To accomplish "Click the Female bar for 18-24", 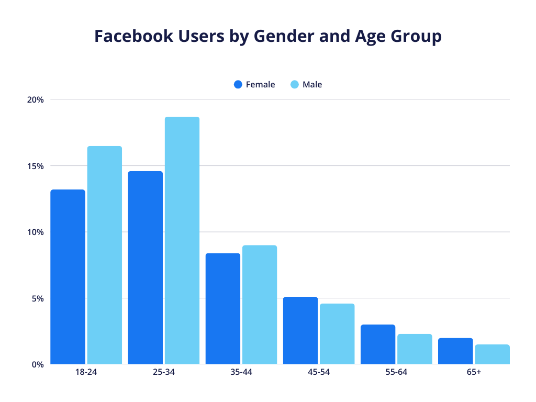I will point(68,277).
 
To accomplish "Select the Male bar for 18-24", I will point(105,255).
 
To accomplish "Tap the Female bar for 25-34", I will point(145,267).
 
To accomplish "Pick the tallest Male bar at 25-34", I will point(182,240).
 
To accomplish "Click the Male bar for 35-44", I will point(260,305).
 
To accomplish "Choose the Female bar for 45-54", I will point(300,330).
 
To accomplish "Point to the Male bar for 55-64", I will point(415,349).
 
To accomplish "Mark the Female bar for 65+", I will point(455,351).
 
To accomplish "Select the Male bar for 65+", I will point(492,354).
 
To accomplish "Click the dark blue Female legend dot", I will point(238,84).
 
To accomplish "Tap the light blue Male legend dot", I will point(295,84).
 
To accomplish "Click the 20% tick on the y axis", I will point(36,100).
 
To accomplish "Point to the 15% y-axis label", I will point(36,166).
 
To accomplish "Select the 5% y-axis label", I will point(38,298).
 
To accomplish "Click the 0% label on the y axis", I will point(38,364).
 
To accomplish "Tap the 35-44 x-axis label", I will point(241,373).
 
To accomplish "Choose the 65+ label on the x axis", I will point(474,373).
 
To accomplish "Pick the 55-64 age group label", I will point(396,373).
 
